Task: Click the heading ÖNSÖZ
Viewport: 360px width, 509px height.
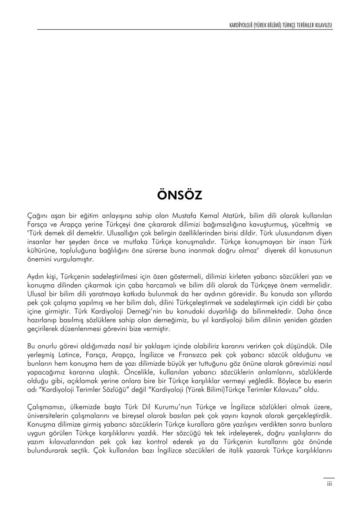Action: click(180, 196)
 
